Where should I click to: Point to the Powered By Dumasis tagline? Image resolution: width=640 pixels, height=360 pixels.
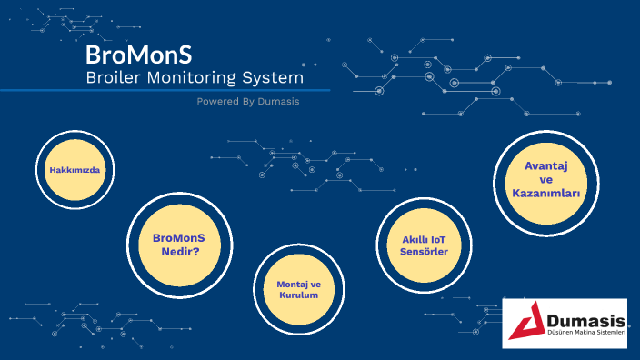[248, 102]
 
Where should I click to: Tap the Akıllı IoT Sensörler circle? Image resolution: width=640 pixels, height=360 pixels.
[424, 245]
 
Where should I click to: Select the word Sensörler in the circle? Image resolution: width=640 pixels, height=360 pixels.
[424, 251]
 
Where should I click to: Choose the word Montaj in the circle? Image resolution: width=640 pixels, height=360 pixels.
[293, 284]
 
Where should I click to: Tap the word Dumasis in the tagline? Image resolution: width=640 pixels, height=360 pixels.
[277, 102]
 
